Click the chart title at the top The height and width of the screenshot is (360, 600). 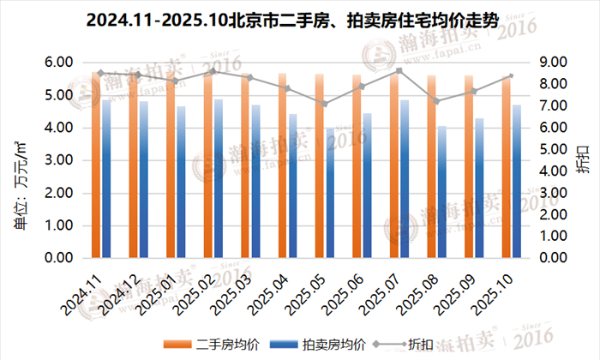point(299,19)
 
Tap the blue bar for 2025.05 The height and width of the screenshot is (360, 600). point(330,193)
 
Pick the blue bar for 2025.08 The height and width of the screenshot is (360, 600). point(442,192)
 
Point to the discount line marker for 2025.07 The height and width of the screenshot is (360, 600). point(399,71)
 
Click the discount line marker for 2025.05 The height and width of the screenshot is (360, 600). point(324,104)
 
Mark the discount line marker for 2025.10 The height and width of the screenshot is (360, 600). point(511,76)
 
